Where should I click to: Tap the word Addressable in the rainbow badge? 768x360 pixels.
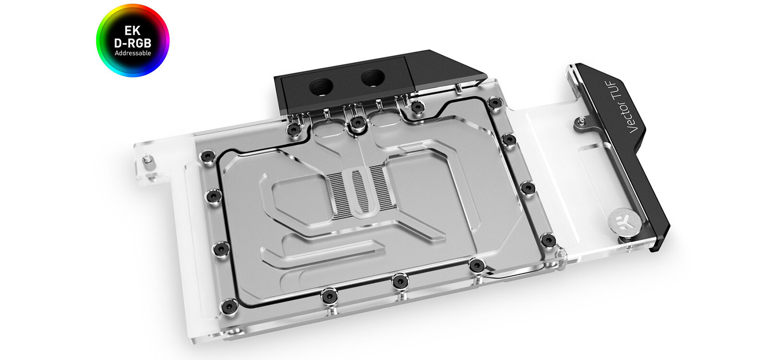[132, 53]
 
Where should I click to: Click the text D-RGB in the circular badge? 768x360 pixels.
[132, 43]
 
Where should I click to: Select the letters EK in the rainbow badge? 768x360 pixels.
[132, 31]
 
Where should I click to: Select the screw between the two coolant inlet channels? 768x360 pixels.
[356, 123]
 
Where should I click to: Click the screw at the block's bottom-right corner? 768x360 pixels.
[548, 239]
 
